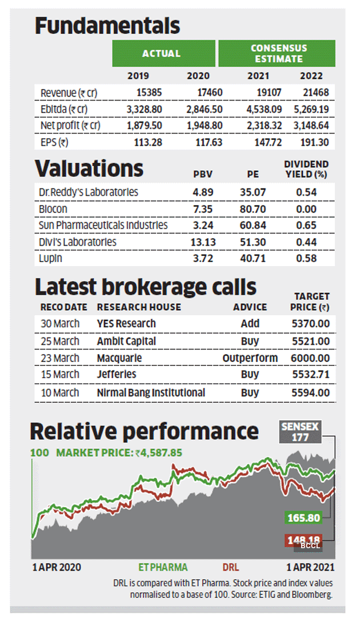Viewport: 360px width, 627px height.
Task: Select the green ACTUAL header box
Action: coord(162,54)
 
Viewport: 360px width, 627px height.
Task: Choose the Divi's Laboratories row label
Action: coord(78,242)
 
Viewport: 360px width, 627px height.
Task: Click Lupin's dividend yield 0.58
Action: coord(306,259)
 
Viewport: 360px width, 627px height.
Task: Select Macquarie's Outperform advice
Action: coord(250,358)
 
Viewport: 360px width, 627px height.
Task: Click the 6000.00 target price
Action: coord(311,358)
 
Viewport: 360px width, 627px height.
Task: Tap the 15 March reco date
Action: coord(60,375)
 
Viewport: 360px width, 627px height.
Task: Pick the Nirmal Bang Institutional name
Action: coord(151,392)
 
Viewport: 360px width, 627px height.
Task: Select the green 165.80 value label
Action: coord(302,519)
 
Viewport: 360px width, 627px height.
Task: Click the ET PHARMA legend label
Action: coord(163,567)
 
